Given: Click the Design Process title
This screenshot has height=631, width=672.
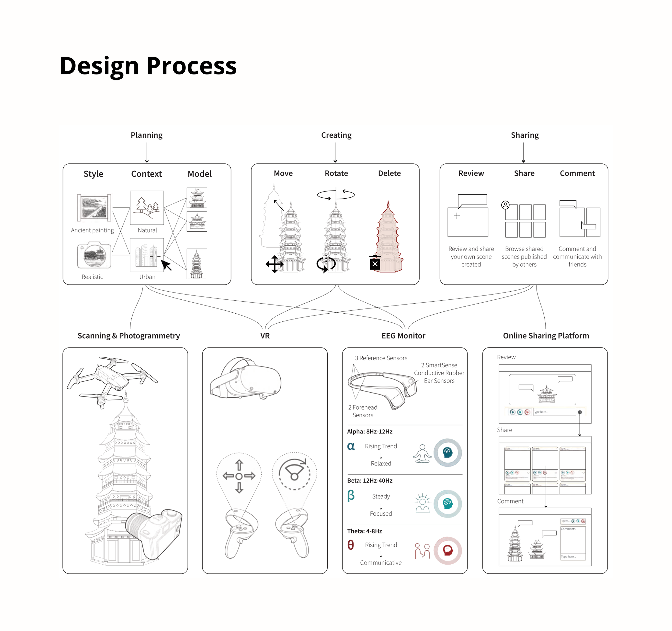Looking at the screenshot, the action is (x=148, y=66).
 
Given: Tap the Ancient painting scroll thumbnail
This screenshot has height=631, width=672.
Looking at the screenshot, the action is (x=94, y=207).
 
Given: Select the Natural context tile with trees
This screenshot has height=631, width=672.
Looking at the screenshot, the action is (x=147, y=207).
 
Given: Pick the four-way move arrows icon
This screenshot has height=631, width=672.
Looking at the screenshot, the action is (x=274, y=264).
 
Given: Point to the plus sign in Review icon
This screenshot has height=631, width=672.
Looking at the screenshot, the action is (x=457, y=216).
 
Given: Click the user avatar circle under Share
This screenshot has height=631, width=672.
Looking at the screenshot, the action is (x=505, y=205).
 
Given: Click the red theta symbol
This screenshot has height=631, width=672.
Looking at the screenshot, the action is (x=351, y=545).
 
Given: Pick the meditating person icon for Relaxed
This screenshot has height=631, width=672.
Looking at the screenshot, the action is (x=422, y=454).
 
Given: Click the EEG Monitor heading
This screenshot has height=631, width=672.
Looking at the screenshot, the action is (x=403, y=336).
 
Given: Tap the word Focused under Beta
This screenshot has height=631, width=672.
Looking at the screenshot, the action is (x=381, y=513).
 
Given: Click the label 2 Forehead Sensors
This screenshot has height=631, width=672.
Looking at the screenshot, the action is (x=363, y=411).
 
